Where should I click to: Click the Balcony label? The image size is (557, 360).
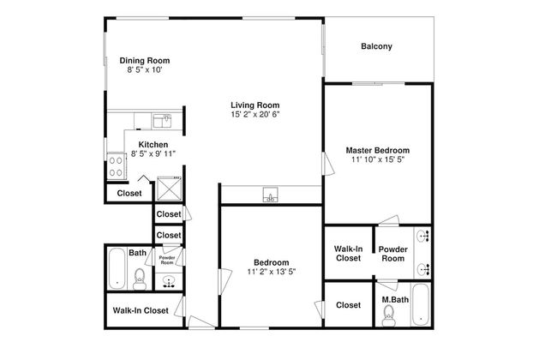pyautogui.click(x=376, y=46)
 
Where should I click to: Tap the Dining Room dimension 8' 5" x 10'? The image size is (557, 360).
pyautogui.click(x=145, y=69)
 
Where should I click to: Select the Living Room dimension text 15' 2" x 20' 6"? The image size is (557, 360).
pyautogui.click(x=255, y=114)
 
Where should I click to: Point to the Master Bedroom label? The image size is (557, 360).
pyautogui.click(x=378, y=150)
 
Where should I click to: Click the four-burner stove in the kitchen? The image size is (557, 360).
pyautogui.click(x=116, y=166)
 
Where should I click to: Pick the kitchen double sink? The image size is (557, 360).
pyautogui.click(x=162, y=121)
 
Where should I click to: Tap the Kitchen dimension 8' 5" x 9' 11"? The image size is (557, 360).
pyautogui.click(x=153, y=153)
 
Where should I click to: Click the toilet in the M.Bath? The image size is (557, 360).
pyautogui.click(x=389, y=315)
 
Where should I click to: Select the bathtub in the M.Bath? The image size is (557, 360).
pyautogui.click(x=421, y=304)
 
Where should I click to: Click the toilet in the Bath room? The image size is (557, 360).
pyautogui.click(x=139, y=279)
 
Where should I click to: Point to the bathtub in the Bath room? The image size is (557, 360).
pyautogui.click(x=117, y=268)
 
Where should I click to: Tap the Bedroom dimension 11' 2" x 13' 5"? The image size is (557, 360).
pyautogui.click(x=272, y=272)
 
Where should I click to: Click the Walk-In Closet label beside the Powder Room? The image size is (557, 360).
pyautogui.click(x=348, y=254)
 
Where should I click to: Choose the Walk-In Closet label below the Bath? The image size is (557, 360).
pyautogui.click(x=141, y=310)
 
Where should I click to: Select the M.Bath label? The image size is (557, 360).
pyautogui.click(x=395, y=300)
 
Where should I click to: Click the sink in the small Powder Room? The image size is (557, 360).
pyautogui.click(x=169, y=282)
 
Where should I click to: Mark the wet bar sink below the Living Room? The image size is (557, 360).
pyautogui.click(x=270, y=195)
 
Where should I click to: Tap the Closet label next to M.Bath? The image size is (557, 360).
pyautogui.click(x=348, y=305)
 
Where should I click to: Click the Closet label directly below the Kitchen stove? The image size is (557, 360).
pyautogui.click(x=129, y=194)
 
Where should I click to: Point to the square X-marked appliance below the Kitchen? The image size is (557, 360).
pyautogui.click(x=170, y=189)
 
